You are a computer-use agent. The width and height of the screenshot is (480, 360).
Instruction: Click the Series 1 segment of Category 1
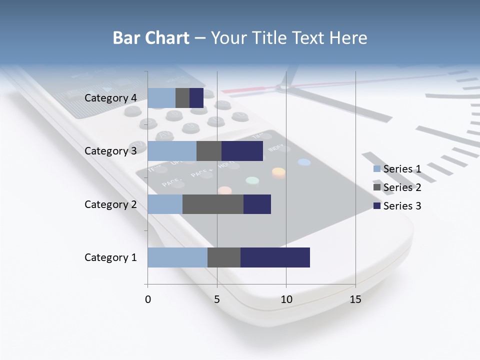[x=177, y=257]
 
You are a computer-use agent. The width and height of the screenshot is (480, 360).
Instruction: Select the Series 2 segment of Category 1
[x=224, y=257]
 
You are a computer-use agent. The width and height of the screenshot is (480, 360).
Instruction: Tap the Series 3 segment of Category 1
[x=275, y=257]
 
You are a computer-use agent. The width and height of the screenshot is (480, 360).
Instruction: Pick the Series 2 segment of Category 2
[x=213, y=204]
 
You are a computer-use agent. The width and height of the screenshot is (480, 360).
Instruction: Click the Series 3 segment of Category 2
[x=257, y=204]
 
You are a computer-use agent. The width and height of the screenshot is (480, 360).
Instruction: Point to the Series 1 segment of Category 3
[x=172, y=151]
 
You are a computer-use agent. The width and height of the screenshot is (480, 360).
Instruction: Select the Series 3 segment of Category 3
[x=242, y=151]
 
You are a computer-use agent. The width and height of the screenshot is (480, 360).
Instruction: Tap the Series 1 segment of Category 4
[x=161, y=98]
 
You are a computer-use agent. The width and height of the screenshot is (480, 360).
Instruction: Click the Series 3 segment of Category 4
[x=196, y=98]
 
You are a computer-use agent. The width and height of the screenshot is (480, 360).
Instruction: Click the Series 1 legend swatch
[x=377, y=169]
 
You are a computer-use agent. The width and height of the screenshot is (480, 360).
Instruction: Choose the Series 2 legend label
[x=402, y=187]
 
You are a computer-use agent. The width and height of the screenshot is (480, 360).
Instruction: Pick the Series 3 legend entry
[x=397, y=206]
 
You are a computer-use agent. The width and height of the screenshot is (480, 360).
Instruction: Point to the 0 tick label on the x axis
[x=148, y=299]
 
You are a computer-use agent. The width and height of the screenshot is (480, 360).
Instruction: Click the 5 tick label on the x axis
[x=217, y=299]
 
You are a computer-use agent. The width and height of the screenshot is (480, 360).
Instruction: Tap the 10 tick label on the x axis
[x=286, y=299]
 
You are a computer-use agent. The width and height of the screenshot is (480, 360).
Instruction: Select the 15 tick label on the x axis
[x=355, y=299]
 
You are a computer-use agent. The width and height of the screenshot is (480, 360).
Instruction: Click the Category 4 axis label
[x=110, y=98]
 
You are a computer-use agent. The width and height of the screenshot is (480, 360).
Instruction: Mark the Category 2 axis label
[x=110, y=204]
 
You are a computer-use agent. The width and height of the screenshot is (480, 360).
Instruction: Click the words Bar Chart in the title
[x=151, y=38]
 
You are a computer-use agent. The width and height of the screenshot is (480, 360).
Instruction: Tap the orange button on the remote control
[x=278, y=172]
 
